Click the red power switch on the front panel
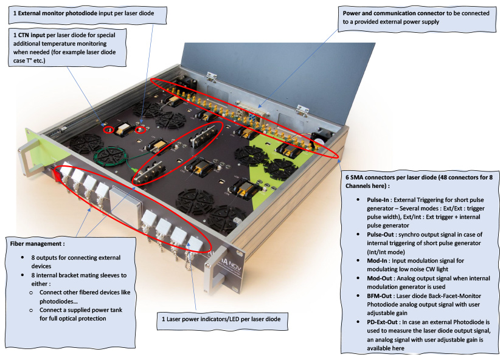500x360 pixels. [58, 175]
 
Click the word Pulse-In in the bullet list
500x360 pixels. [378, 200]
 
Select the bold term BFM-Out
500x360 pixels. [380, 296]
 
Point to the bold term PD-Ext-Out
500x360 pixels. [383, 322]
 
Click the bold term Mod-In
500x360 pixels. [377, 261]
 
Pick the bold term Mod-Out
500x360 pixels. [380, 279]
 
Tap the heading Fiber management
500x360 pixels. [37, 244]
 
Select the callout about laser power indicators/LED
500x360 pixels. [222, 320]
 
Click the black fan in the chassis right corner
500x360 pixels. [321, 139]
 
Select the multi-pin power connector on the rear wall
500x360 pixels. [251, 110]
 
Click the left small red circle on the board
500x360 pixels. [109, 130]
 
